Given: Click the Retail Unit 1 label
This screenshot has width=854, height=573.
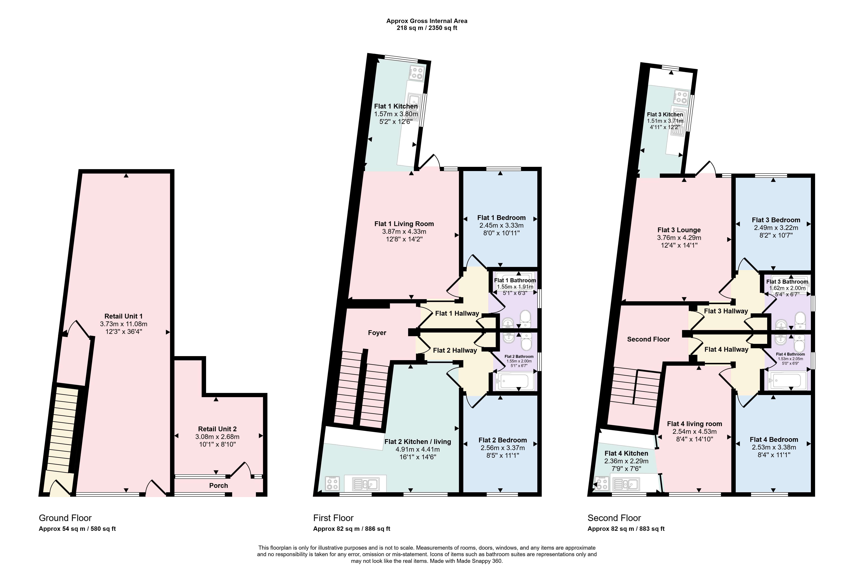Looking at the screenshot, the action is (x=123, y=316).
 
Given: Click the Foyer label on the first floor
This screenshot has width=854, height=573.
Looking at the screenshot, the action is (x=377, y=333).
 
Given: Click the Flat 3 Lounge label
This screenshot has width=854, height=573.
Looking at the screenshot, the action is (x=679, y=230).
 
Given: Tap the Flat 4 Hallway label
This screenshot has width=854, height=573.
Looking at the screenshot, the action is (x=726, y=349).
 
